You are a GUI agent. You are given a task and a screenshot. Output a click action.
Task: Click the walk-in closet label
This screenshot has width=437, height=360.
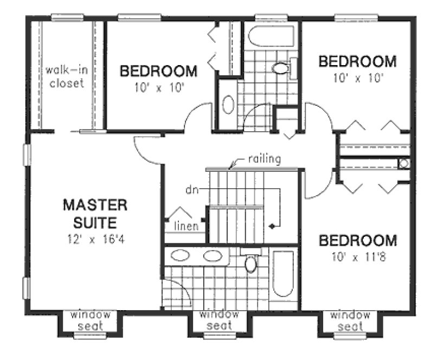tap(65, 76)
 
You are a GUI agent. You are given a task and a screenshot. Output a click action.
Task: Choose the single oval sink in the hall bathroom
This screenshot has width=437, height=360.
tap(228, 104)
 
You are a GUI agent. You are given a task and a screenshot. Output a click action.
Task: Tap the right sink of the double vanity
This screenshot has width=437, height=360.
tap(213, 256)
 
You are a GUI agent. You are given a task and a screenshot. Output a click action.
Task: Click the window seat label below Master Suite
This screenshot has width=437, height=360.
tap(90, 320)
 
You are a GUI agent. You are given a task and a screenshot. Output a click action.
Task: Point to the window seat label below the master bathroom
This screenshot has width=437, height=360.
tap(220, 320)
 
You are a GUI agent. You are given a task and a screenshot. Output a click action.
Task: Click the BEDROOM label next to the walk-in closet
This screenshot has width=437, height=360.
tap(158, 71)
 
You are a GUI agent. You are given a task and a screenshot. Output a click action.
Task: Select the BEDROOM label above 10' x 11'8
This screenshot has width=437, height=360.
tap(357, 240)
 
